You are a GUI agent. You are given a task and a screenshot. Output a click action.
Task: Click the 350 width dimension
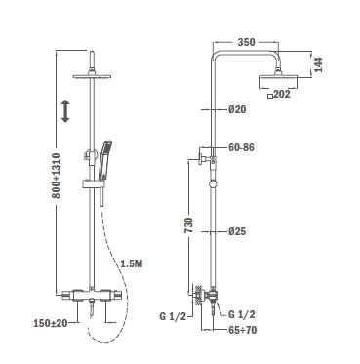246,42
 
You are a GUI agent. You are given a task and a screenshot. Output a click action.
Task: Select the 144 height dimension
318,64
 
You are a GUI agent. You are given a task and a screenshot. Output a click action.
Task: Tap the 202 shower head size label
282,95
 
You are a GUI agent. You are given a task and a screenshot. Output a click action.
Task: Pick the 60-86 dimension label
241,147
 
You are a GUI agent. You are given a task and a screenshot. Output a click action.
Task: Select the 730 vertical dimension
188,224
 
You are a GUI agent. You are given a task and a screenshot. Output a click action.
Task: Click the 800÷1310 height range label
56,176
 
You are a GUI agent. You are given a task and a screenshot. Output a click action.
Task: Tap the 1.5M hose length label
132,263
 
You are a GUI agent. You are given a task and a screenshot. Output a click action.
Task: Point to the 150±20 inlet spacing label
51,323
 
